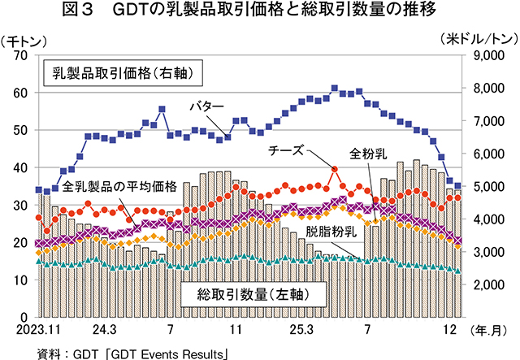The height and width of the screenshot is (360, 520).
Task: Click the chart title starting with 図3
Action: (x=260, y=11)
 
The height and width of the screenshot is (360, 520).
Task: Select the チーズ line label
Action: (x=286, y=151)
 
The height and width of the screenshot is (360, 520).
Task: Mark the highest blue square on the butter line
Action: (x=335, y=88)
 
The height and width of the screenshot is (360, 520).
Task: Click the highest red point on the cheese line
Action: (x=335, y=168)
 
